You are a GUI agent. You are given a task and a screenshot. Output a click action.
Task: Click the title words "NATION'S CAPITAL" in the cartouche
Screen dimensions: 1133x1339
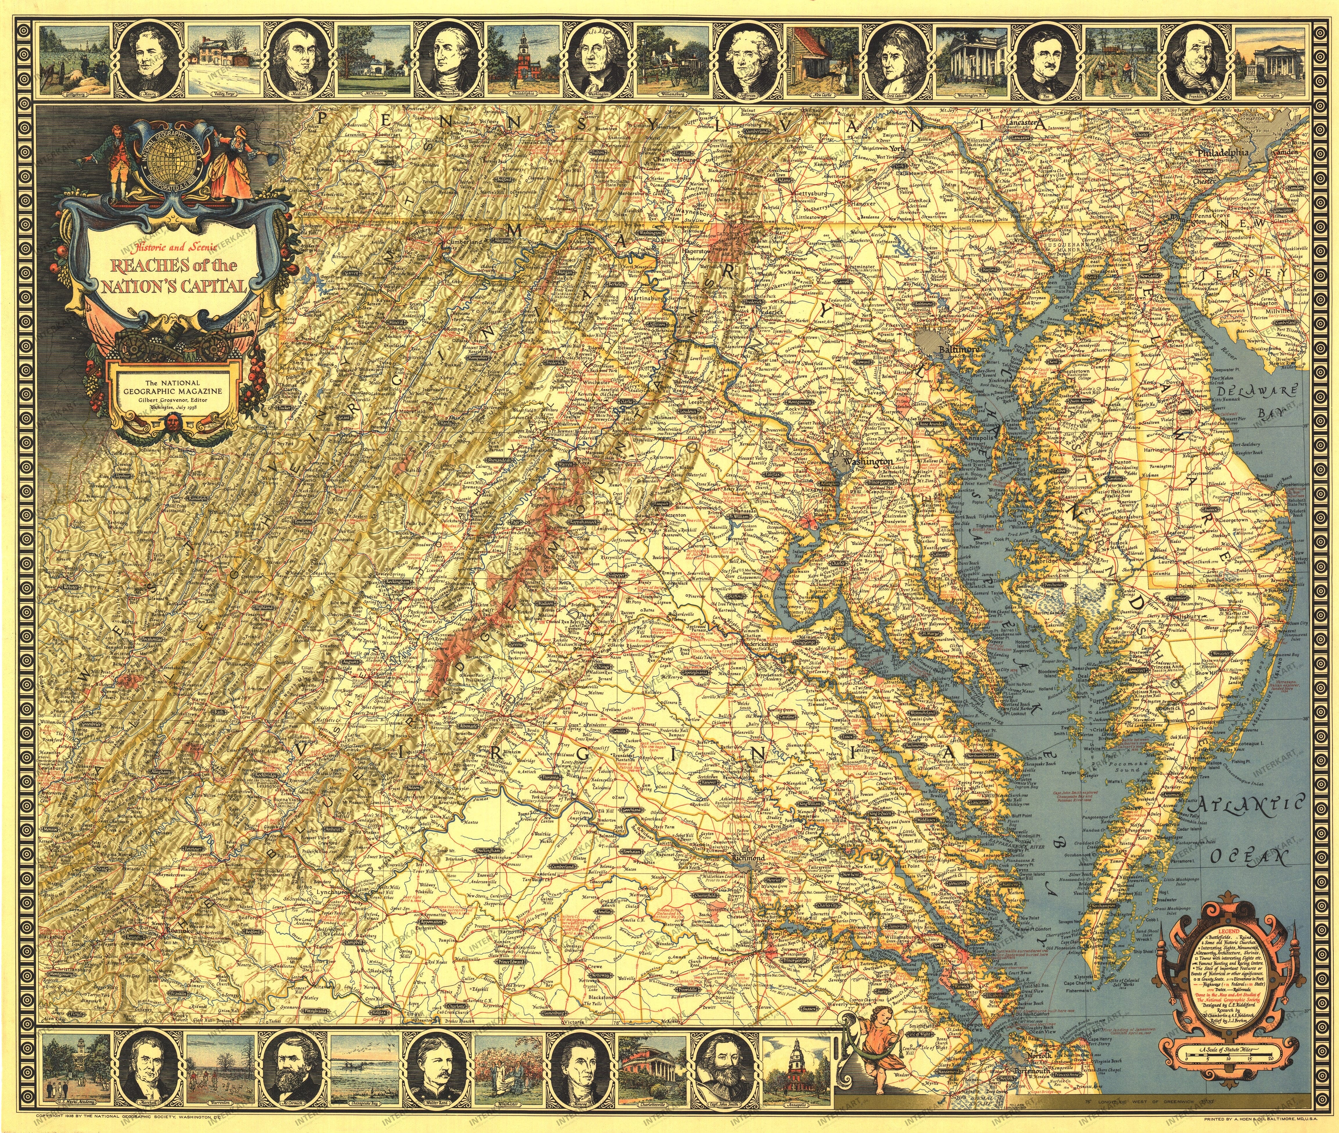point(173,285)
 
